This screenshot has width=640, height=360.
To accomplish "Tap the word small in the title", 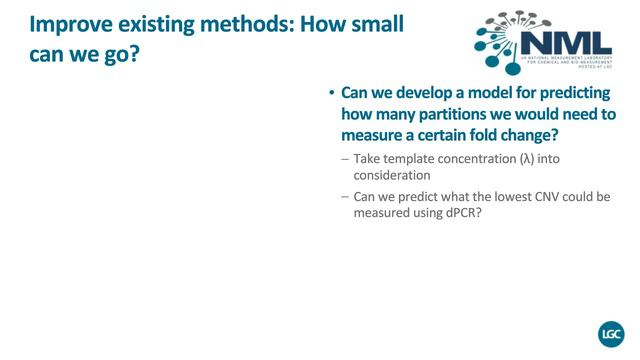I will tap(372, 23).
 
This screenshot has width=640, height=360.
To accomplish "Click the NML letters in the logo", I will tap(568, 43).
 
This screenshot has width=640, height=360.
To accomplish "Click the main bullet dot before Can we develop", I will tap(331, 93).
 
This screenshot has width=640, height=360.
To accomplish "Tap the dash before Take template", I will tap(345, 158).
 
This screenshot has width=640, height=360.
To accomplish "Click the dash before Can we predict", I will tap(345, 197).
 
